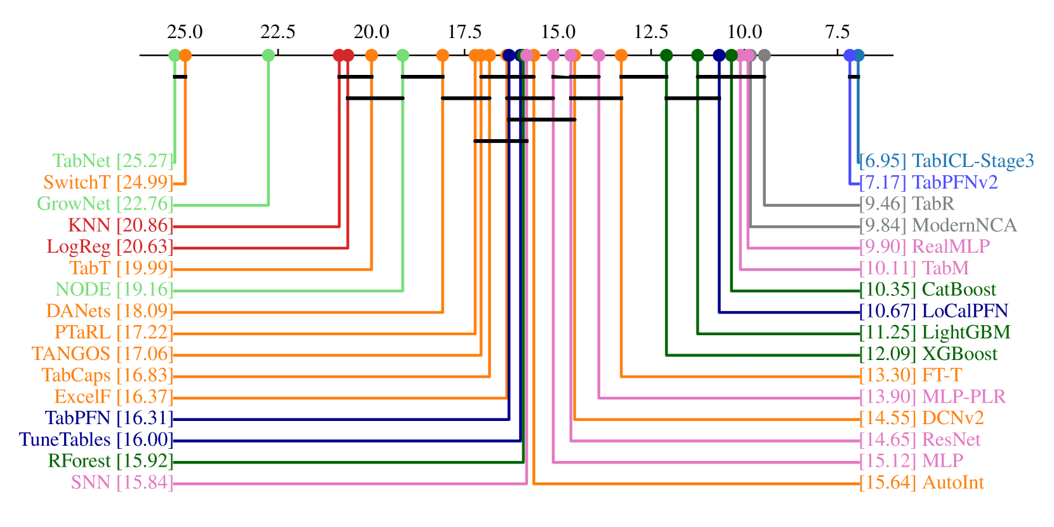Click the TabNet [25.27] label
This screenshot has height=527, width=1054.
pyautogui.click(x=112, y=161)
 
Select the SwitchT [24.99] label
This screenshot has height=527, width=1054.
pyautogui.click(x=108, y=183)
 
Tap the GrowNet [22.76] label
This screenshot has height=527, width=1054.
pyautogui.click(x=105, y=204)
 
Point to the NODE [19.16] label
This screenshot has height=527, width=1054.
pyautogui.click(x=114, y=290)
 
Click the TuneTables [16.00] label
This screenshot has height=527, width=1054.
pyautogui.click(x=96, y=439)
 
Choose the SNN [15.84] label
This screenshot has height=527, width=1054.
pyautogui.click(x=122, y=483)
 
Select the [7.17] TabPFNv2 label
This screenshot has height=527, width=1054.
pyautogui.click(x=928, y=183)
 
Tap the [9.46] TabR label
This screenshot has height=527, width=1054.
pyautogui.click(x=907, y=204)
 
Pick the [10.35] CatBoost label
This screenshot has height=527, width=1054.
pyautogui.click(x=928, y=290)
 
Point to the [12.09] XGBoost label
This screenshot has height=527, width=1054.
pyautogui.click(x=928, y=354)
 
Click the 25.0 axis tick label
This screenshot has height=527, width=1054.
pyautogui.click(x=185, y=32)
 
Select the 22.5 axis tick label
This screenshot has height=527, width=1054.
pyautogui.click(x=278, y=32)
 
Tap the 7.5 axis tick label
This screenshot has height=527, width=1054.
pyautogui.click(x=838, y=32)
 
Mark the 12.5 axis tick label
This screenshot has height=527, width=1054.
pyautogui.click(x=651, y=32)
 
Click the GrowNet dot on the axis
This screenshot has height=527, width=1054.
pyautogui.click(x=268, y=55)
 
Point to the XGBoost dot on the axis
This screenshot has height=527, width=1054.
pyautogui.click(x=666, y=55)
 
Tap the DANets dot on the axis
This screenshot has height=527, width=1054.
pyautogui.click(x=443, y=55)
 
